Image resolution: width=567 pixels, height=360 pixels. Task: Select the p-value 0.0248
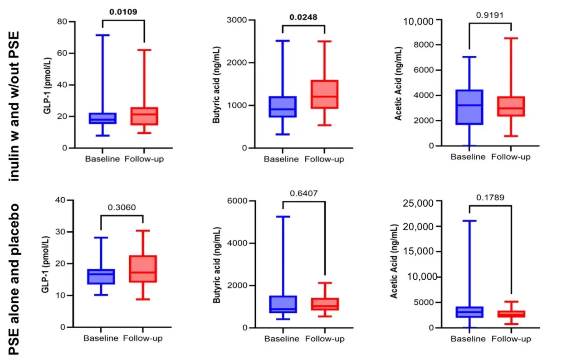click(x=304, y=18)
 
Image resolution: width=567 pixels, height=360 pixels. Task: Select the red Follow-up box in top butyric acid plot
click(x=325, y=94)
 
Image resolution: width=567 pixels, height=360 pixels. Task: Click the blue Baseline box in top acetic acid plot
click(x=468, y=107)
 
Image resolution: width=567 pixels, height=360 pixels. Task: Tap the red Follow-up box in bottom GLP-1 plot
click(x=143, y=269)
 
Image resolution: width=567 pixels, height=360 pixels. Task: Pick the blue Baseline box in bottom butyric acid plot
click(x=282, y=304)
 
